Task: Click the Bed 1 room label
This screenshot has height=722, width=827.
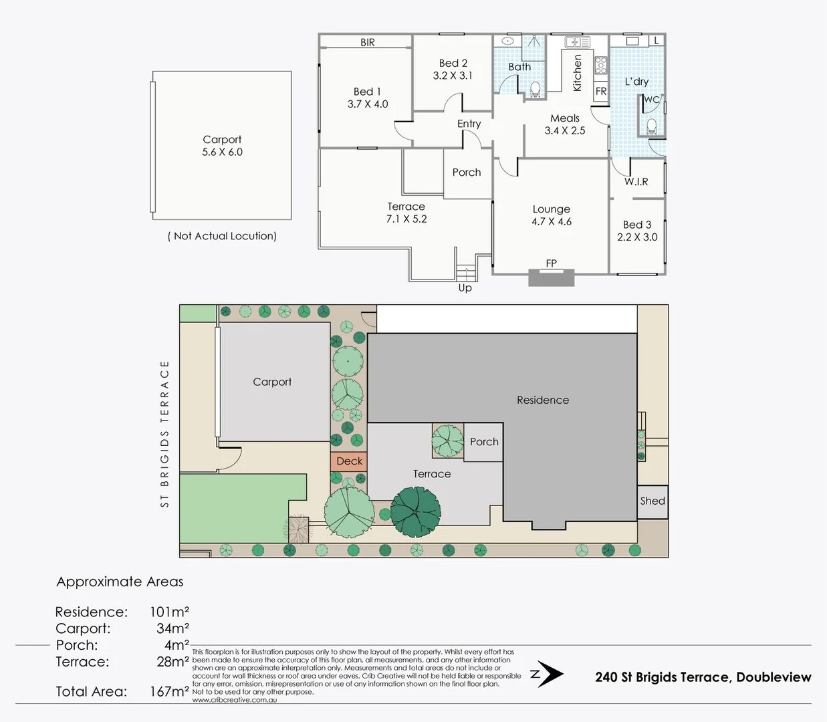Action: click(x=367, y=92)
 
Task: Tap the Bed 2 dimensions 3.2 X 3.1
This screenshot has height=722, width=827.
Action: click(x=453, y=76)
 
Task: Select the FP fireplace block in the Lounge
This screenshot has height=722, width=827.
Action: click(x=551, y=277)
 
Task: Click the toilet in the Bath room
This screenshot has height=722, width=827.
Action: click(x=535, y=89)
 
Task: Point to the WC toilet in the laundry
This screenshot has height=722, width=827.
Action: click(x=653, y=126)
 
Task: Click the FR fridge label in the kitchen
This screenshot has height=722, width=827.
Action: click(x=601, y=92)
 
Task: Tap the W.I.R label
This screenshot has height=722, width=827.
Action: click(x=636, y=181)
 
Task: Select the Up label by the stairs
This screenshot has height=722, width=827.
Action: click(x=465, y=288)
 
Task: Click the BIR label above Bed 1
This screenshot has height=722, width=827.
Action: click(x=368, y=42)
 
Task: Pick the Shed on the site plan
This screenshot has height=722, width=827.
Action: click(x=653, y=501)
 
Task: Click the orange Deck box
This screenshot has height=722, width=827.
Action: click(x=349, y=461)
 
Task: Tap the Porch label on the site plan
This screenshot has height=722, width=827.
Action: click(x=484, y=442)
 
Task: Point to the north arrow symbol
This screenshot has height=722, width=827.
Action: click(x=548, y=675)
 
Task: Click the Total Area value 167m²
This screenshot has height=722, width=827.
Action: click(x=169, y=691)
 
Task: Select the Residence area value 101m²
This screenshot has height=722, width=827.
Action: click(x=169, y=612)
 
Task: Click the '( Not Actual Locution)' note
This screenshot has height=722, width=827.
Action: click(x=222, y=236)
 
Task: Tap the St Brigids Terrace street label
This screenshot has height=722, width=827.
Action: click(x=165, y=434)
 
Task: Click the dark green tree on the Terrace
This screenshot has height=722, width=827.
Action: click(x=416, y=512)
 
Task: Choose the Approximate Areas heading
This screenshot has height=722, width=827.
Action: click(x=120, y=582)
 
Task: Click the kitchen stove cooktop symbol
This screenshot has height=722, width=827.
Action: click(x=600, y=65)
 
